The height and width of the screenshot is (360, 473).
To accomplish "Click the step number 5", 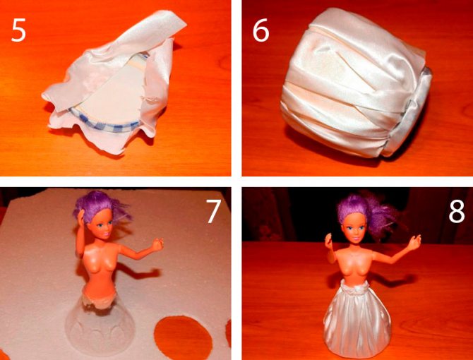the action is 18,30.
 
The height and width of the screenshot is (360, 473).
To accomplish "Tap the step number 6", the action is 261,30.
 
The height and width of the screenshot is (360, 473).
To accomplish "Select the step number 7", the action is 213,212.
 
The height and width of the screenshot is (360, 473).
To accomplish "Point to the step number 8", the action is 457,212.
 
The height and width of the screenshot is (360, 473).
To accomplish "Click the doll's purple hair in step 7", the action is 100,205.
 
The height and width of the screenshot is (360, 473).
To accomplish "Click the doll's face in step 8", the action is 357,229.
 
